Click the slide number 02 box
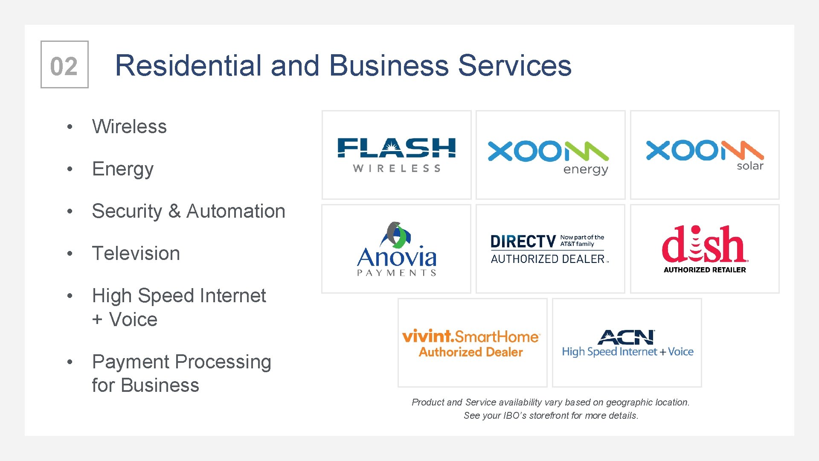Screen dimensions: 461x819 point(64,65)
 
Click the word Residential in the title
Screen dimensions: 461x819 point(188,66)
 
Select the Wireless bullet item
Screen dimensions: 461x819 point(129,127)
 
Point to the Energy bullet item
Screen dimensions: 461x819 point(123,169)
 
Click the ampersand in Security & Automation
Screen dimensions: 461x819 point(174,211)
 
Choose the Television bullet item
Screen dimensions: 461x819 point(136,254)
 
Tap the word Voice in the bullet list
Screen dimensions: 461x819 point(133,320)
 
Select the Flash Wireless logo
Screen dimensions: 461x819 point(396,155)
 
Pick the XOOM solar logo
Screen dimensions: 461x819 point(705,155)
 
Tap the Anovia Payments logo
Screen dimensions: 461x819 point(396,250)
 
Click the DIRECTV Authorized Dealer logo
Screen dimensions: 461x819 point(549,249)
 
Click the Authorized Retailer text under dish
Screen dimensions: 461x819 point(705,270)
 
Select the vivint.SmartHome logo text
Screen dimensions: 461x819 point(470,337)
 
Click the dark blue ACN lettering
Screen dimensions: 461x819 point(626,338)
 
